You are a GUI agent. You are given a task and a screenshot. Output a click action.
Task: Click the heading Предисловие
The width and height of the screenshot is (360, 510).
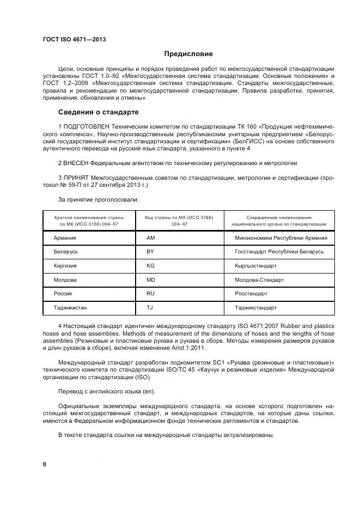[188, 54]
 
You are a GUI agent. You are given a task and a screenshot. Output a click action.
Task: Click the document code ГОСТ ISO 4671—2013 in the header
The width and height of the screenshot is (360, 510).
[74, 40]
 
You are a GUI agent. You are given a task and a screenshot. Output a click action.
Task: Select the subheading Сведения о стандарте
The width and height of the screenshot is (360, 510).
[98, 112]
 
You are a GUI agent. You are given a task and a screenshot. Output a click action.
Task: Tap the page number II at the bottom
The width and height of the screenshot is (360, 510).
[45, 464]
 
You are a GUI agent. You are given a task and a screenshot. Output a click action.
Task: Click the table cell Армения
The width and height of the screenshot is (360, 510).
[65, 238]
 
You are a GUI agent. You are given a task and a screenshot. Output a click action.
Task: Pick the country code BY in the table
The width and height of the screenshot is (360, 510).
[151, 252]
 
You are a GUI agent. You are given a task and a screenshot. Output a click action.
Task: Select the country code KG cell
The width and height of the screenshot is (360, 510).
[151, 266]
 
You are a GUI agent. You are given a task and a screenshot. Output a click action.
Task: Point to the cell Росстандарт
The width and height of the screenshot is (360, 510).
[251, 294]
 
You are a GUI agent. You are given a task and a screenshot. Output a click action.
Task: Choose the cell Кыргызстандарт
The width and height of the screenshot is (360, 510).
[255, 266]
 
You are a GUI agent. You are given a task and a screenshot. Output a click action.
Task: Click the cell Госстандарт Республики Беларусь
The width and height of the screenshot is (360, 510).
[279, 252]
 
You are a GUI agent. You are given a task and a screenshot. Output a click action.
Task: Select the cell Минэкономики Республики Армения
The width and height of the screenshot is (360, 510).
[280, 238]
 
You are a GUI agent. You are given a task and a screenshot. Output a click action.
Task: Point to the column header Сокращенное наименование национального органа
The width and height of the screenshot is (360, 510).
[279, 221]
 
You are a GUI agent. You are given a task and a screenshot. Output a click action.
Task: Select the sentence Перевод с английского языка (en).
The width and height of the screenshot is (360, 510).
[106, 391]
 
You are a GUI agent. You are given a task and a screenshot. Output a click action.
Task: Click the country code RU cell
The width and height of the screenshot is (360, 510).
[151, 294]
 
